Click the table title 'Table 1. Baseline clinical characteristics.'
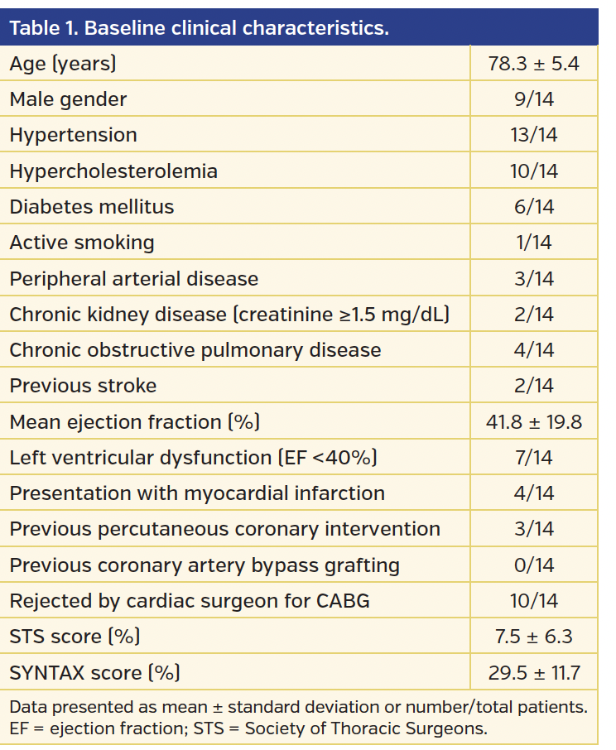click(199, 27)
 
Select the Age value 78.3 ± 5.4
click(533, 64)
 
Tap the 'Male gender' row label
click(69, 99)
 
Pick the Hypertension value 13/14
click(533, 135)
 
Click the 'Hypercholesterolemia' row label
click(113, 171)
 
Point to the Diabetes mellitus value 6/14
click(533, 207)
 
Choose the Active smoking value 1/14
click(533, 243)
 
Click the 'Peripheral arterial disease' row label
click(134, 279)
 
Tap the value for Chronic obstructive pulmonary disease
click(533, 350)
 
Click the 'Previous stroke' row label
click(83, 386)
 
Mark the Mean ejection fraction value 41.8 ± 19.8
click(533, 422)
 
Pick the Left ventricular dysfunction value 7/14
click(533, 458)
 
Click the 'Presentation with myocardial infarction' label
click(197, 493)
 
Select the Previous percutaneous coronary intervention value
click(533, 529)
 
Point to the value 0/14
click(533, 565)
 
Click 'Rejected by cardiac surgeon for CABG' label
click(190, 601)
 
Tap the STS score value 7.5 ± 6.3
click(533, 637)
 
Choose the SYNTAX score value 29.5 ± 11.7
click(533, 673)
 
